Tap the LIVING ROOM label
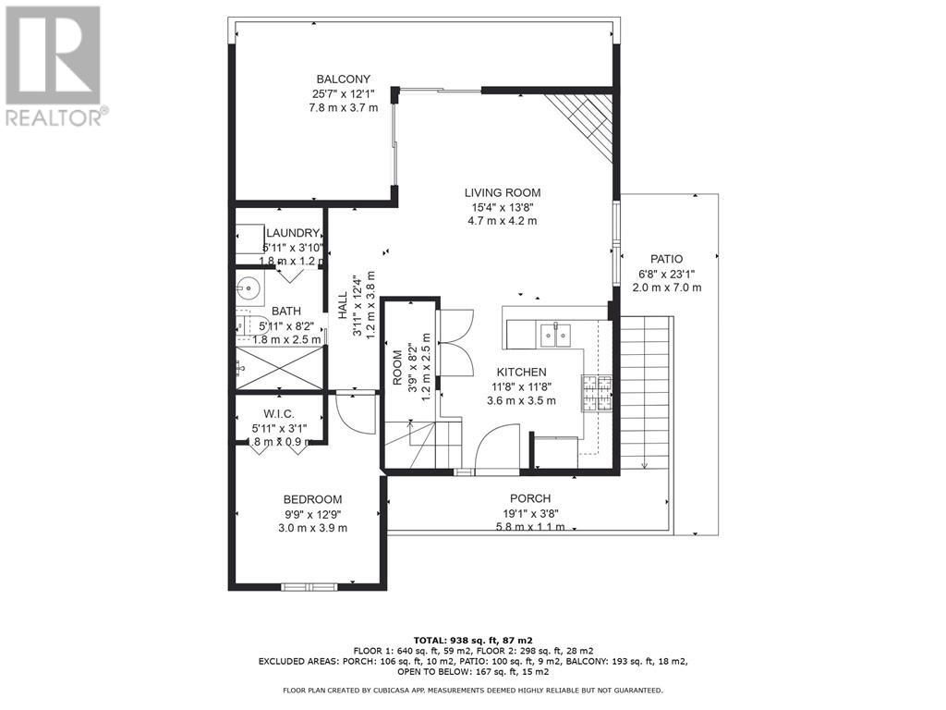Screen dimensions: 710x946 pyautogui.click(x=502, y=193)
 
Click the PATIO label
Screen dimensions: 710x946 pyautogui.click(x=665, y=260)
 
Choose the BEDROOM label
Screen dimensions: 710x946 pyautogui.click(x=312, y=499)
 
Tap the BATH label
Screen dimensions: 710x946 pyautogui.click(x=285, y=312)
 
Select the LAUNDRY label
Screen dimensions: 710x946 pyautogui.click(x=293, y=234)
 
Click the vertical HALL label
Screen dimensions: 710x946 pyautogui.click(x=343, y=306)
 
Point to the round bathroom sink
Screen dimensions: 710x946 pyautogui.click(x=249, y=288)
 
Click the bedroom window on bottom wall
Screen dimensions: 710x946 pyautogui.click(x=309, y=585)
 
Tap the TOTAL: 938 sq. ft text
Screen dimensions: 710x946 pyautogui.click(x=472, y=640)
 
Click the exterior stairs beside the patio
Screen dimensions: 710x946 pyautogui.click(x=647, y=388)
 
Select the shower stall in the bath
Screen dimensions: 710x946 pyautogui.click(x=280, y=368)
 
